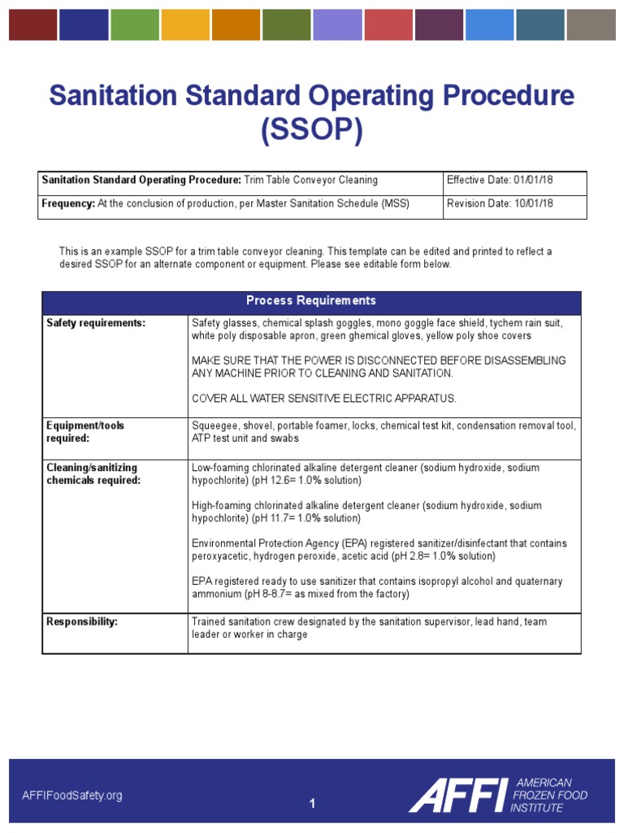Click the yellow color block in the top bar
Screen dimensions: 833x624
184,25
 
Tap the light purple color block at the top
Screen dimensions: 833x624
337,25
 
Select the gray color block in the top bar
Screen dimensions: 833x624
591,25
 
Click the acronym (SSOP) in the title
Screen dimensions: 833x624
312,131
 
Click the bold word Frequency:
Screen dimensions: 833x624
68,203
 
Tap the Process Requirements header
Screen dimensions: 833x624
311,301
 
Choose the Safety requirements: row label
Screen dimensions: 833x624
96,324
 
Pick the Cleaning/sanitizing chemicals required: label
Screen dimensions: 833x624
93,474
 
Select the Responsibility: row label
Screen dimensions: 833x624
82,621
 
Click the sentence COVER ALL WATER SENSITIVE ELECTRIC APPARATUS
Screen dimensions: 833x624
324,399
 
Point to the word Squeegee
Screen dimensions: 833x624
213,425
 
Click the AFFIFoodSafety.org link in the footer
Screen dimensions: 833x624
72,796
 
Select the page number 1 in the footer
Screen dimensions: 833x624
311,804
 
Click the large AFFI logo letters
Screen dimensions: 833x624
457,795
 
